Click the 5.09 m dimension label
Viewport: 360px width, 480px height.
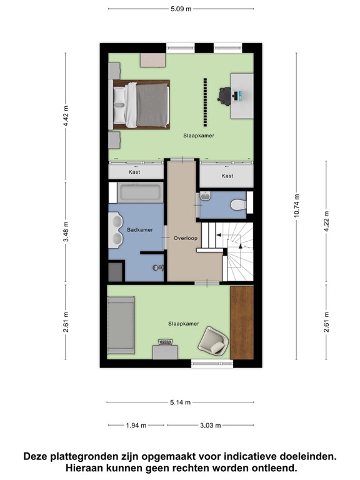[181, 9]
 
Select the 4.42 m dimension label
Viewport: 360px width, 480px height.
[65, 116]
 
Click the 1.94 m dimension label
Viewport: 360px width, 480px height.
[136, 426]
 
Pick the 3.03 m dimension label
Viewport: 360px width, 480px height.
[211, 426]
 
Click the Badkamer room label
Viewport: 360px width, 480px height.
[139, 230]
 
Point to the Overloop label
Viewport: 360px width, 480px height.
[186, 238]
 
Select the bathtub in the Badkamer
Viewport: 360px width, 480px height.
[138, 192]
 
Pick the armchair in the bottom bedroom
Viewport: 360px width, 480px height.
[214, 341]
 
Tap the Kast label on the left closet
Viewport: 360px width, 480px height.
[134, 172]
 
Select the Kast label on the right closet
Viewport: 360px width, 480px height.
[227, 176]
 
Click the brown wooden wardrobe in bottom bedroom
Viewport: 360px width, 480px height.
[242, 322]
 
